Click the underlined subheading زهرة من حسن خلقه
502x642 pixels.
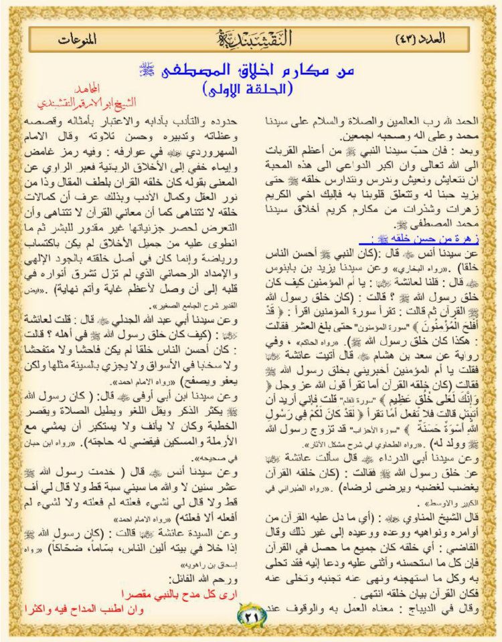[424, 239]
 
